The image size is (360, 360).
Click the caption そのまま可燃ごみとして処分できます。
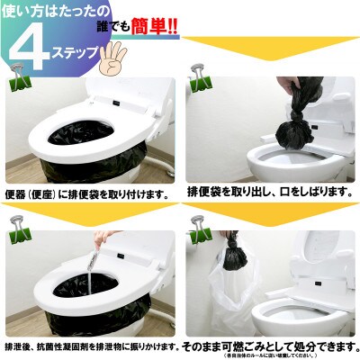pyautogui.click(x=270, y=344)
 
